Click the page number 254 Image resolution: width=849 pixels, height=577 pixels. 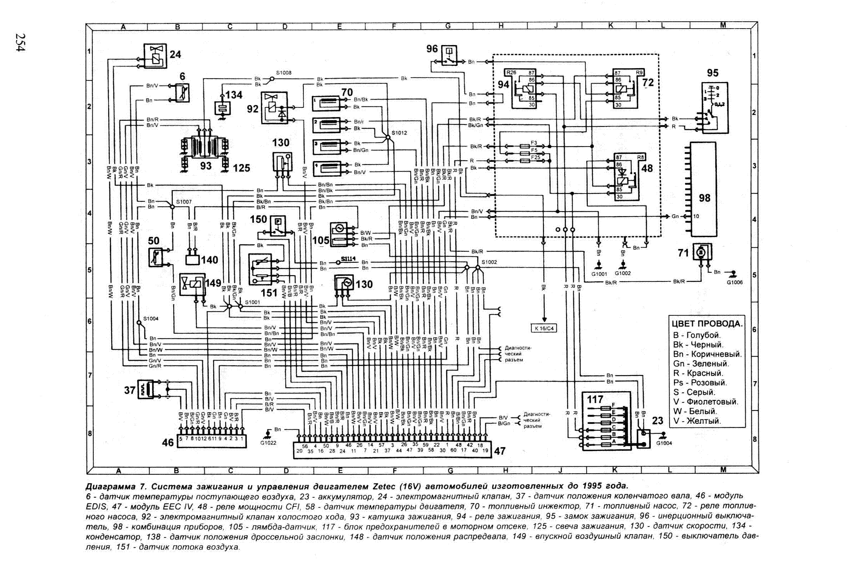point(20,42)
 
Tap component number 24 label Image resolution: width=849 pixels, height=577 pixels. point(175,54)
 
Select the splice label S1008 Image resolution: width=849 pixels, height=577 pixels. point(284,73)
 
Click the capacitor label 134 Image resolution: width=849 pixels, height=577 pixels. point(234,95)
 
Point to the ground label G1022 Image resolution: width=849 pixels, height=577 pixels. point(268,443)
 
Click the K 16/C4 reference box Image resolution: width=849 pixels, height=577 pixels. point(544,328)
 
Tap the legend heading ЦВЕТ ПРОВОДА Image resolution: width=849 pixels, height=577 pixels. point(707,324)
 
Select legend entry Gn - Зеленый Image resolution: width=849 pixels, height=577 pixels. point(701,363)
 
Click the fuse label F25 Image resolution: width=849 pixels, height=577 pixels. point(536,157)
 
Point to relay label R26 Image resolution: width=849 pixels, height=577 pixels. point(511,72)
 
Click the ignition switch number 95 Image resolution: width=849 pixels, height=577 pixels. point(713,73)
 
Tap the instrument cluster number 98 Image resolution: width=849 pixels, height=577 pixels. point(704,198)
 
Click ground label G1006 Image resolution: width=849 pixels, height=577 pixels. point(735,282)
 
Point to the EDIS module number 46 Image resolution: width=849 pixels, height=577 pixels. point(168,442)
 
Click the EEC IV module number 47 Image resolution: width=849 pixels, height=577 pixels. point(499,451)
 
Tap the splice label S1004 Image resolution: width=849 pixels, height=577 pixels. point(151,319)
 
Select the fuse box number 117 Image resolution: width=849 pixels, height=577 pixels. point(595,399)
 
